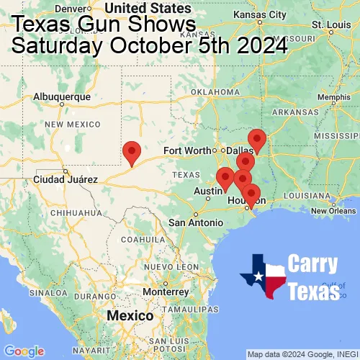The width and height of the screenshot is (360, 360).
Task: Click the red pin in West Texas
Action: click(x=131, y=153)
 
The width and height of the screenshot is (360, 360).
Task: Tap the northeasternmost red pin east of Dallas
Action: click(x=256, y=140)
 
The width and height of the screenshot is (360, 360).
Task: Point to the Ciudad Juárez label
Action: click(x=62, y=179)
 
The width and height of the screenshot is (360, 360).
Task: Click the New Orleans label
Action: click(x=336, y=210)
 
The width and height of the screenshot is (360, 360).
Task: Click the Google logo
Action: click(x=24, y=351)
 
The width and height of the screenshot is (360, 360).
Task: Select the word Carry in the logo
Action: click(x=315, y=264)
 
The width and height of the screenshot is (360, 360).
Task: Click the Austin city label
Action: click(x=207, y=191)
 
